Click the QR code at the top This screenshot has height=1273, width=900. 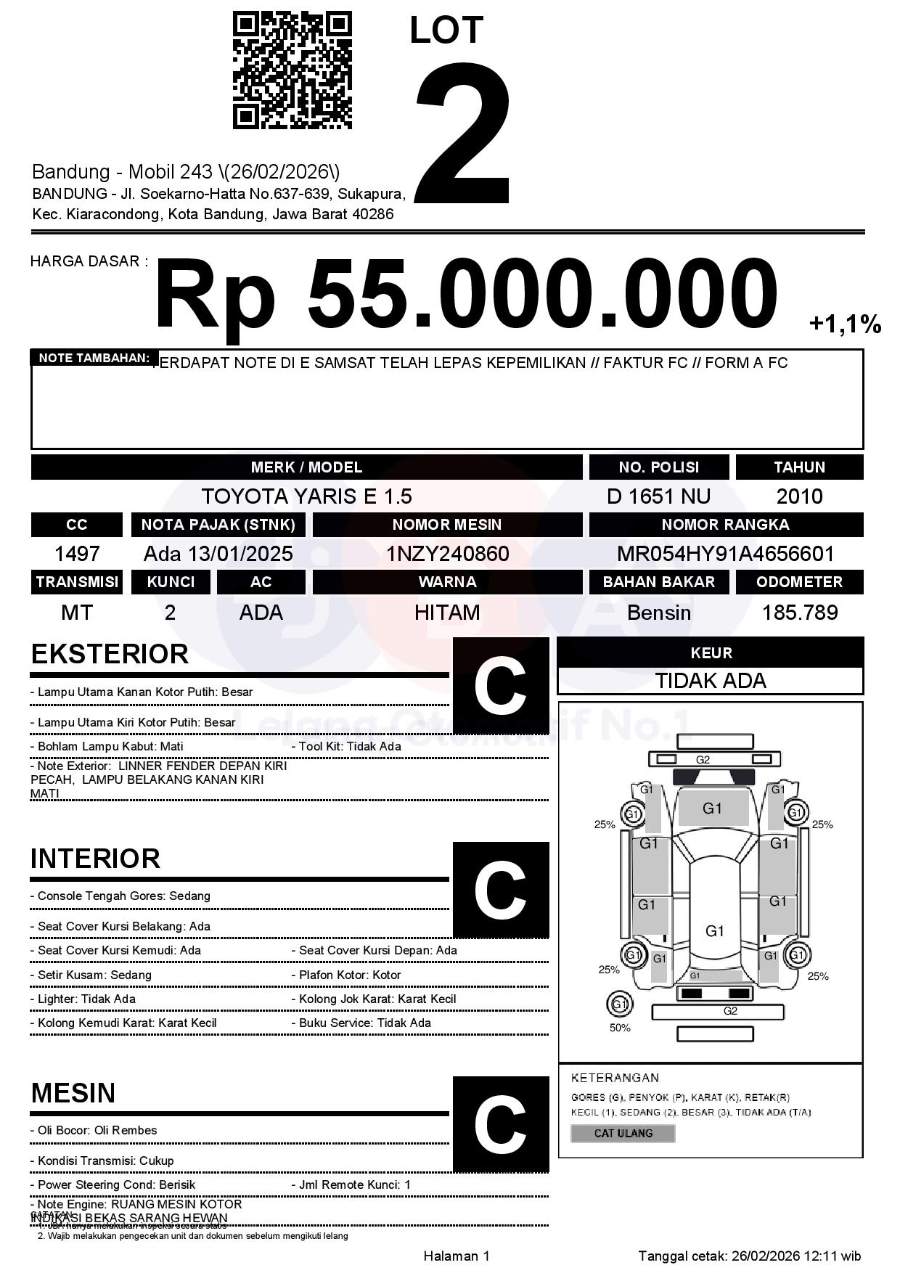[292, 70]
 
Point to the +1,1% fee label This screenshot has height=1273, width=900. [844, 324]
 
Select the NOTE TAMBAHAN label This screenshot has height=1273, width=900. [94, 358]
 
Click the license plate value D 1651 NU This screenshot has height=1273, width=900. [658, 496]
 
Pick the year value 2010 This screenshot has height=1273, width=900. [799, 496]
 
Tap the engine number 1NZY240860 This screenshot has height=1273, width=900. [447, 554]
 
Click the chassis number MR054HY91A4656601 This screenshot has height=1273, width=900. [725, 554]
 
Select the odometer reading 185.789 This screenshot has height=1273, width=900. [799, 613]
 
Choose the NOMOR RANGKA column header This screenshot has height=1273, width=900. [725, 525]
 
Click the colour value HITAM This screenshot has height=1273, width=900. [447, 613]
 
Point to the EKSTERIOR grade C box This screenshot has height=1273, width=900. [500, 685]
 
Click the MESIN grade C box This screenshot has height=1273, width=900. [500, 1123]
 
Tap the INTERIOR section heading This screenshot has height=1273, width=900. [95, 859]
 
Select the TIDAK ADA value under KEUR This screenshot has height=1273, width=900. [711, 681]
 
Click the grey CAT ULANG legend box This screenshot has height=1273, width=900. [623, 1133]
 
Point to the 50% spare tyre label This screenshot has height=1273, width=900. [620, 1028]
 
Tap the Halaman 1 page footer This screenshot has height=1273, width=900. [457, 1256]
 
